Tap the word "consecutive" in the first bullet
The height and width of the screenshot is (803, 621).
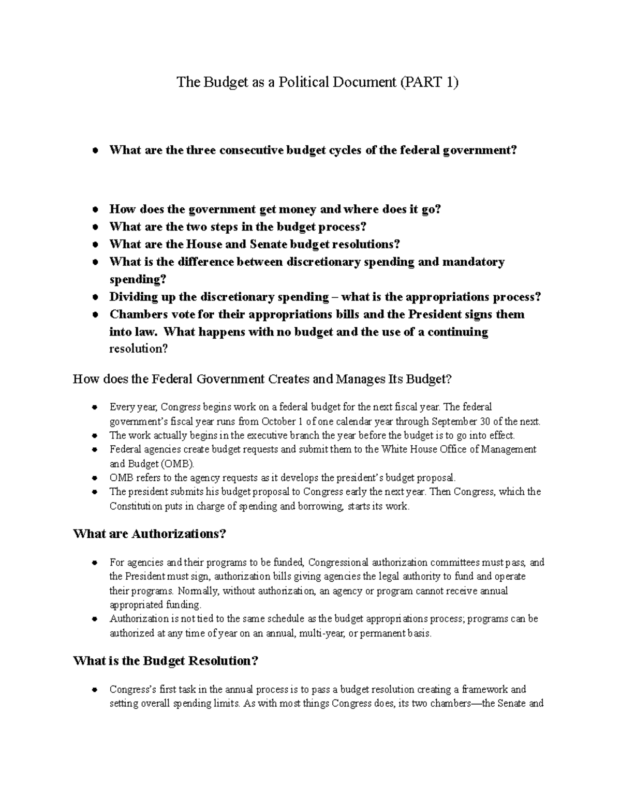pos(252,150)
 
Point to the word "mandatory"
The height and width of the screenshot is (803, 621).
pos(473,262)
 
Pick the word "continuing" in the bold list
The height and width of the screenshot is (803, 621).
pos(460,332)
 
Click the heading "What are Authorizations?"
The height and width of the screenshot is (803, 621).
pos(150,534)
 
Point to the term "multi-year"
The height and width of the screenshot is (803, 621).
pos(321,633)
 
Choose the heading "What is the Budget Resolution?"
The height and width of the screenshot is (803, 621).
pos(166,661)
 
